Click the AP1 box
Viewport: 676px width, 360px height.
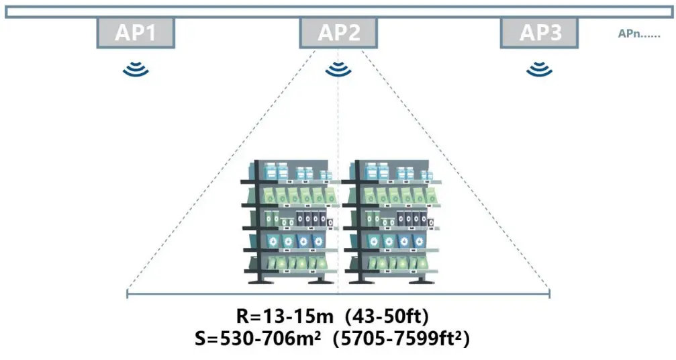136,33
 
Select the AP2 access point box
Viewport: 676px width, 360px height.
338,33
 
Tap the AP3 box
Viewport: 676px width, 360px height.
540,33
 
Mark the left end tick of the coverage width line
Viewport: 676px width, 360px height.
128,293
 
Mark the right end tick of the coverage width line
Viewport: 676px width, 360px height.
550,293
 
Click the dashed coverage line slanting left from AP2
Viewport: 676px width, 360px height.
222,174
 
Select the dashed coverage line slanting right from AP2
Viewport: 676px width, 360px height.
456,174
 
